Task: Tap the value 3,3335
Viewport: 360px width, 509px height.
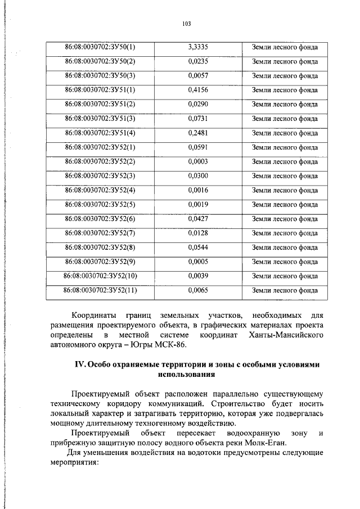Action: point(198,47)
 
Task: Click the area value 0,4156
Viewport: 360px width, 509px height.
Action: point(198,89)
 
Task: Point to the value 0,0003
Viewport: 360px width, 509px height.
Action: point(198,161)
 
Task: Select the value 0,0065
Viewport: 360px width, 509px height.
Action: point(198,290)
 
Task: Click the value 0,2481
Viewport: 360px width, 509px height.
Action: point(198,133)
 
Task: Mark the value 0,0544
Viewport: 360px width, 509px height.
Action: point(198,247)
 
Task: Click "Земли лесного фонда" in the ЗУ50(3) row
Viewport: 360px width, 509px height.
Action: point(285,75)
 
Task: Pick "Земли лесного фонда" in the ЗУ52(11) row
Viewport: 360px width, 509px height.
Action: point(285,290)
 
